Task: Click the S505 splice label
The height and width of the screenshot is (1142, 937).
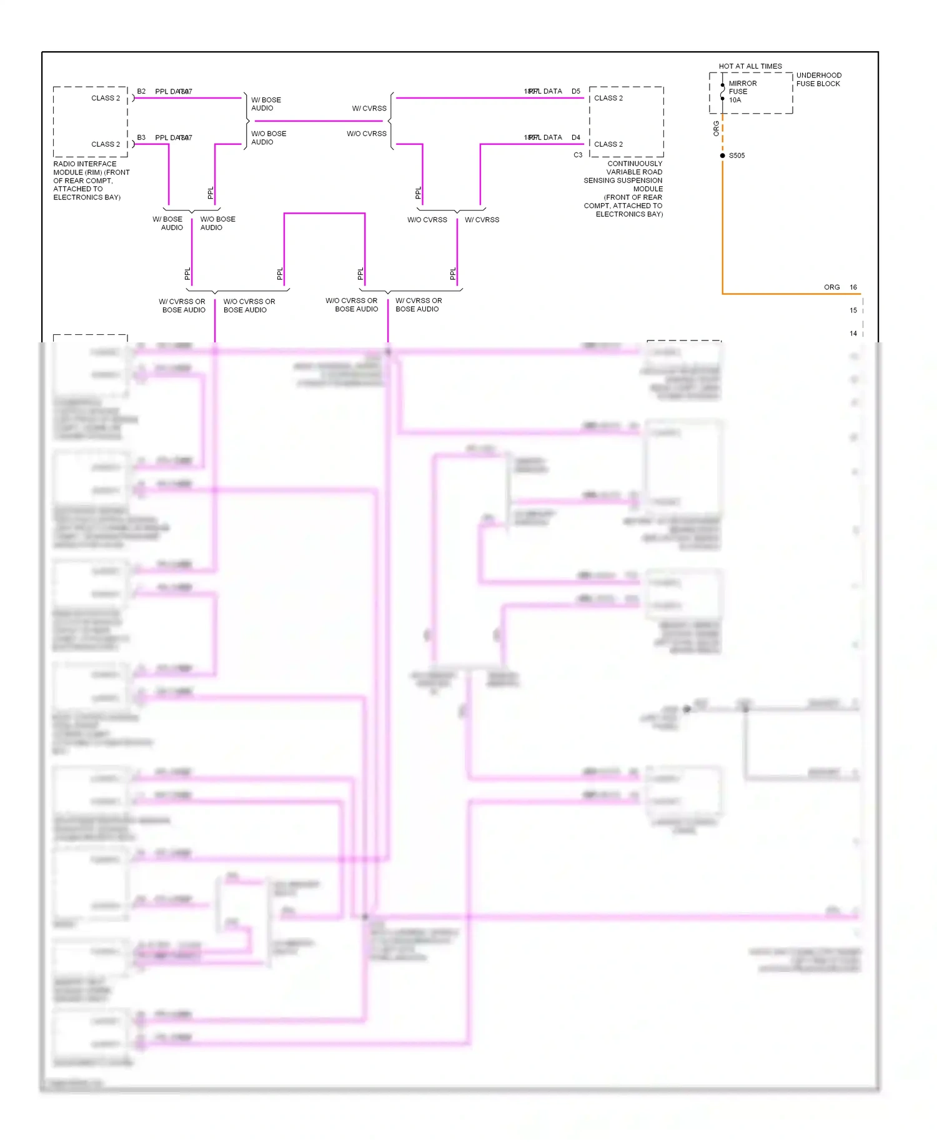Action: tap(736, 156)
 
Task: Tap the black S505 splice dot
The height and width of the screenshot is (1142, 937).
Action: tap(723, 156)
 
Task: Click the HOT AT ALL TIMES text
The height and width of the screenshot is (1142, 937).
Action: tap(750, 66)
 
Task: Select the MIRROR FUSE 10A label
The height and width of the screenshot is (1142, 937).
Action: tap(742, 92)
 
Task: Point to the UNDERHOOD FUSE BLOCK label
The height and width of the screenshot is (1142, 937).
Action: tap(818, 79)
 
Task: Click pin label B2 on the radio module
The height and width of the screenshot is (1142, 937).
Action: tap(141, 91)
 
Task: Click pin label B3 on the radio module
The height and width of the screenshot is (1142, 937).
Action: tap(141, 137)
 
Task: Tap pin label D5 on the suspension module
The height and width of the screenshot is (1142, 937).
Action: tap(575, 91)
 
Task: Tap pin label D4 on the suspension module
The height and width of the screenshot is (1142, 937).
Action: tap(575, 137)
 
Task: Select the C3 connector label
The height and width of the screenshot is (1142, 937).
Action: tap(578, 155)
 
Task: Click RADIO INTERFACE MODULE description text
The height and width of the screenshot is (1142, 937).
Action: tap(91, 181)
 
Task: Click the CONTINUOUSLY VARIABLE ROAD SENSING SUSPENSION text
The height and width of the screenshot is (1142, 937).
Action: tap(623, 176)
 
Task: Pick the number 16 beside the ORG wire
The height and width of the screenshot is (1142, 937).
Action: tap(853, 287)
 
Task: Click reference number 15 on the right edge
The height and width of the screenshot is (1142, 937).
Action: tap(853, 310)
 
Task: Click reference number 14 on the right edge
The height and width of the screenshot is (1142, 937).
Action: tap(853, 334)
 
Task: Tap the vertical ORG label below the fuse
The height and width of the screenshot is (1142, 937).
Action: tap(716, 129)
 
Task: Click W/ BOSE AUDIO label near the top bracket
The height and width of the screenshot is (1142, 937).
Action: tap(266, 104)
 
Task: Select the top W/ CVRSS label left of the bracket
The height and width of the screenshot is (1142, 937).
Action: tap(369, 109)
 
